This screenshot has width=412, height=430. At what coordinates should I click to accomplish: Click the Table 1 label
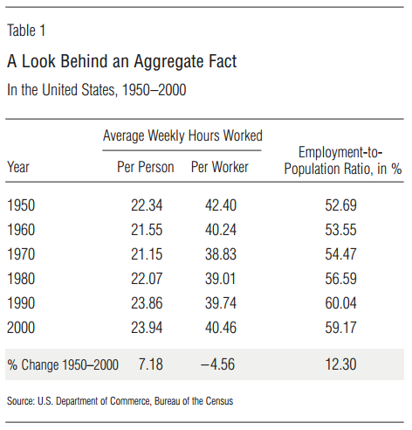coord(26,31)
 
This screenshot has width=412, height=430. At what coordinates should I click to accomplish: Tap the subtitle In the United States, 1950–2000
coord(96,90)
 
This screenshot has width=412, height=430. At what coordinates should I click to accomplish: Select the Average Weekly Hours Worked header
coord(182,136)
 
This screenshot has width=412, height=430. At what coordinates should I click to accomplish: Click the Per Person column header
coord(146,167)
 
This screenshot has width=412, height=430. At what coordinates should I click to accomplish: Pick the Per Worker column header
coord(220,167)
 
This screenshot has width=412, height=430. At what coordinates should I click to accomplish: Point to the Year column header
coord(18,167)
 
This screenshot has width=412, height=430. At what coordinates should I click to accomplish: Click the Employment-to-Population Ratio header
coord(343,161)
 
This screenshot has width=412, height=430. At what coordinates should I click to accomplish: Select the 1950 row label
coord(21,205)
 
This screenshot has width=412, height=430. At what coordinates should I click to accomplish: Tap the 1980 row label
coord(21,279)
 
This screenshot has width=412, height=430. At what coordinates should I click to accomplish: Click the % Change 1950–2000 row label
coord(63,364)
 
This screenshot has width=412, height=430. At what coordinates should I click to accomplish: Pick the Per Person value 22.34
coord(147,205)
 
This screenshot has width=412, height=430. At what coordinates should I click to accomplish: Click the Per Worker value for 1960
coord(221,230)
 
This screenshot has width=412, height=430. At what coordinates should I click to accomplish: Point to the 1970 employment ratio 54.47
coord(340,254)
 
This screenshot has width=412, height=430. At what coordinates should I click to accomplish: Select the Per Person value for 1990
coord(147,303)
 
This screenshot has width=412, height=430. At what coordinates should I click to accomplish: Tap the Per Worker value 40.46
coord(221,328)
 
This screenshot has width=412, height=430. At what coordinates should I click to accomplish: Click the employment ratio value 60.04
coord(340,303)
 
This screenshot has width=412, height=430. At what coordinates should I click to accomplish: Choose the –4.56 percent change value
coord(217,364)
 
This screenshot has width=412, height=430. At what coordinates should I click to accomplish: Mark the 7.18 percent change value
coord(151,364)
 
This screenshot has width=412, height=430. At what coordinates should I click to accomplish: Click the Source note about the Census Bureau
coord(120,401)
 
